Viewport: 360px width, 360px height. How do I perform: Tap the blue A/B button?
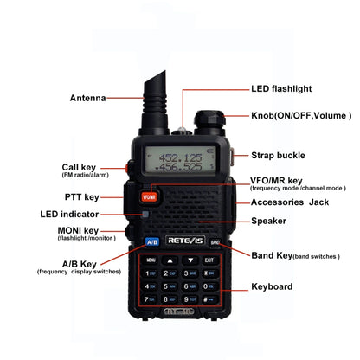click(x=151, y=243)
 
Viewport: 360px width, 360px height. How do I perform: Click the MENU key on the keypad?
click(x=151, y=259)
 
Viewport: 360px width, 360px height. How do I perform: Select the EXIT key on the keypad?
click(x=209, y=259)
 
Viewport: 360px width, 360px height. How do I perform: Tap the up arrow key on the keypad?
click(x=170, y=259)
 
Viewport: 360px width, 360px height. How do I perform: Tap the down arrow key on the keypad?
click(x=190, y=259)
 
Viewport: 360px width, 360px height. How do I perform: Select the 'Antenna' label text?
click(x=87, y=98)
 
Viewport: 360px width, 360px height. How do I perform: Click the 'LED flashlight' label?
click(x=281, y=88)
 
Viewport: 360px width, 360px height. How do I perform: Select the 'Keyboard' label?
click(x=272, y=286)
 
